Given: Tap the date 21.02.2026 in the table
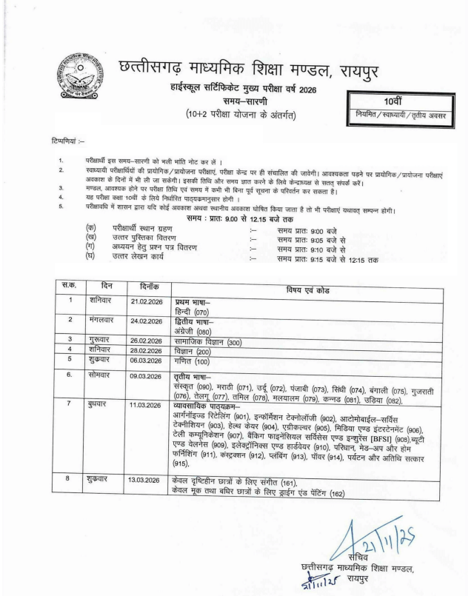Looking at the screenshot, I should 147,301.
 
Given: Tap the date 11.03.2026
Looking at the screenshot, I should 147,405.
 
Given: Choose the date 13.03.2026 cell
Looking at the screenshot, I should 147,480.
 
